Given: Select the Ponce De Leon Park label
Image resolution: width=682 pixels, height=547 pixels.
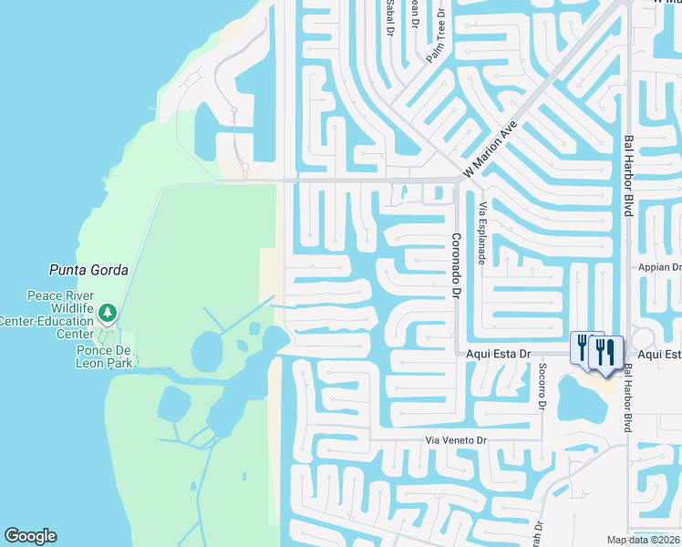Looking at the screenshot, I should [105, 356].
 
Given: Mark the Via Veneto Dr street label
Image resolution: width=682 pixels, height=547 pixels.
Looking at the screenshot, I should [458, 441].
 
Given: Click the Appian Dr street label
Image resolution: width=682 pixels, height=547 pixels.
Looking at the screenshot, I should [664, 268].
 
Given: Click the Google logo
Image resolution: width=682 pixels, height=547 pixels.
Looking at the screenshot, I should [30, 536].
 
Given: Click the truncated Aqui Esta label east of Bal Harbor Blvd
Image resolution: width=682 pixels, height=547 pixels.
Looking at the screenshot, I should [659, 354].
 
